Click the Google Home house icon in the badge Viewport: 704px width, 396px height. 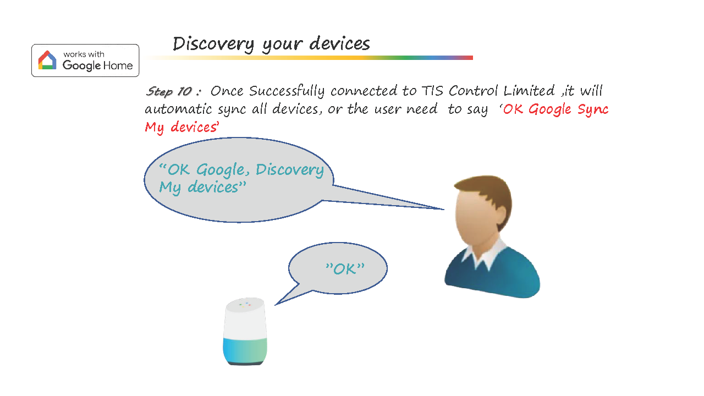(x=47, y=60)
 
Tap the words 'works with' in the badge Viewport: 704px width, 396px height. (x=84, y=54)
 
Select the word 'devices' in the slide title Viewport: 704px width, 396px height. (x=339, y=43)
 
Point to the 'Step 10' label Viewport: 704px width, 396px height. (x=169, y=91)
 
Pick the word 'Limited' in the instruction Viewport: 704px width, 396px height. (x=529, y=91)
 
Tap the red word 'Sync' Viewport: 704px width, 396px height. (x=593, y=109)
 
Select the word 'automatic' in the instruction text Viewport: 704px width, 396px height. (x=178, y=109)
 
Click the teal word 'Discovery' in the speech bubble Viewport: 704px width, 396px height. (x=290, y=170)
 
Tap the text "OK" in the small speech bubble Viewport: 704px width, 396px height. (x=345, y=269)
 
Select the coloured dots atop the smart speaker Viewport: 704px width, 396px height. (x=245, y=304)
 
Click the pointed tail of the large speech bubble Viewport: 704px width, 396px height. (x=444, y=210)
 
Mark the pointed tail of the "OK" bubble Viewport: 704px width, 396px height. (x=276, y=305)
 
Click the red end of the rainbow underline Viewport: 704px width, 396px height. (x=470, y=58)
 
